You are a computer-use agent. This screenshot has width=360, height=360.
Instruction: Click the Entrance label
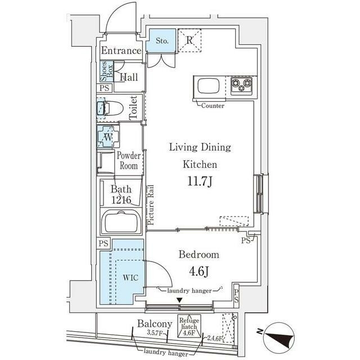(x=121, y=51)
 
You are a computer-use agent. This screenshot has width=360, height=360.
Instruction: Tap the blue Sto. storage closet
(x=161, y=40)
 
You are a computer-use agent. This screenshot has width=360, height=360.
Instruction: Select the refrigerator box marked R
(x=190, y=40)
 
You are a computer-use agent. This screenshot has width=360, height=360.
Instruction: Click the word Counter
(x=213, y=106)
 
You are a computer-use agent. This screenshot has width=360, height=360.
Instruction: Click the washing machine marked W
(x=107, y=136)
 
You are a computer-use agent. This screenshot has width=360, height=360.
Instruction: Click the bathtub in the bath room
(x=123, y=223)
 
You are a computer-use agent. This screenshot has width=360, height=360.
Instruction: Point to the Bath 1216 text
(x=121, y=194)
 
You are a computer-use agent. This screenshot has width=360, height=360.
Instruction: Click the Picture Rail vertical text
(x=150, y=205)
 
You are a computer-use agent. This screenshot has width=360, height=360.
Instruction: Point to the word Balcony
(x=154, y=324)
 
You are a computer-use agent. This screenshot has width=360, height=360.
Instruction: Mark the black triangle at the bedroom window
(x=179, y=300)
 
